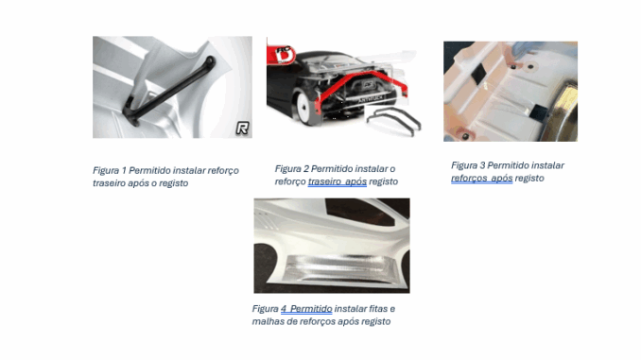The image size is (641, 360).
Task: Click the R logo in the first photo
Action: tap(242, 129)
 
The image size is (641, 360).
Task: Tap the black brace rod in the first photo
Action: tap(168, 92)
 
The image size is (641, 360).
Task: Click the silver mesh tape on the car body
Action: tap(338, 268)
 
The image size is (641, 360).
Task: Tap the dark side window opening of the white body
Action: tap(359, 212)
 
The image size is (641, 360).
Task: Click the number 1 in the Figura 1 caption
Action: tap(124, 170)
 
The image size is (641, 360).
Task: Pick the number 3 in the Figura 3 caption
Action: tap(482, 165)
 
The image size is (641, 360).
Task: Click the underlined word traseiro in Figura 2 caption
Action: tap(324, 181)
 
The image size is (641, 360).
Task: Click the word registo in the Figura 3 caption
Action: tap(529, 179)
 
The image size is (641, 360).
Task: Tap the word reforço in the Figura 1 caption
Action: tap(223, 171)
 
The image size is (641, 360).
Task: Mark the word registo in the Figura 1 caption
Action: tap(174, 183)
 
